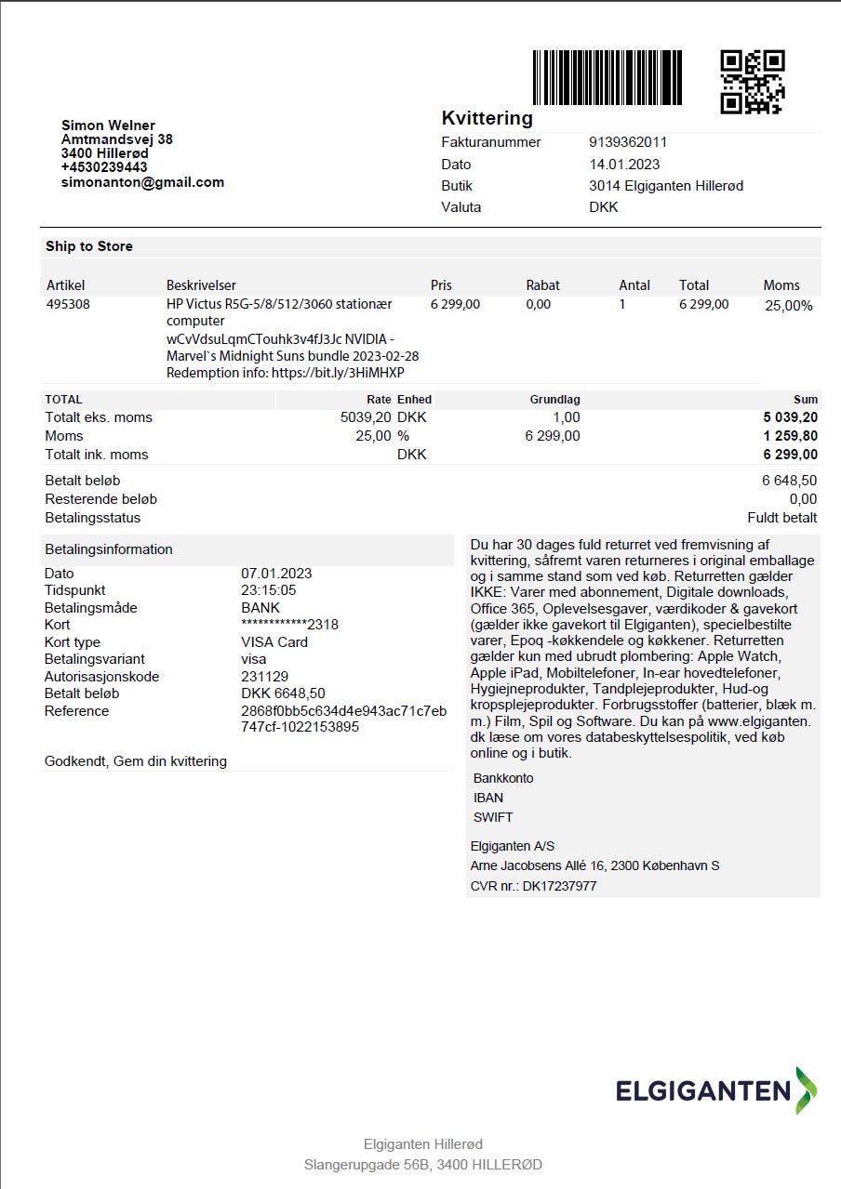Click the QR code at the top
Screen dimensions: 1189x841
pos(753,82)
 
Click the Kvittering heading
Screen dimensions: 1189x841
pos(487,118)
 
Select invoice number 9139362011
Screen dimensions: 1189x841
pos(628,142)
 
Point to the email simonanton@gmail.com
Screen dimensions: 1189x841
pos(142,182)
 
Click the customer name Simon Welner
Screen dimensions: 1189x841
pos(108,126)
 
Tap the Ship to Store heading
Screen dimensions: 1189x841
pos(89,246)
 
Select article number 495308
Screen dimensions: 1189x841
pos(68,304)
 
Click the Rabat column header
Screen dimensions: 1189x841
pos(542,285)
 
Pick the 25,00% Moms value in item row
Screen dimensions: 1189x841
pos(788,305)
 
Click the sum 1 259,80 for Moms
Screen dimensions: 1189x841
pos(790,436)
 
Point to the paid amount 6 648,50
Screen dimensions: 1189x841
pos(789,481)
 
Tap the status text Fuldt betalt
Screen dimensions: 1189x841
pos(781,518)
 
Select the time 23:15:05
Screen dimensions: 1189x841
pos(269,590)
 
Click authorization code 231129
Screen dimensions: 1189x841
pos(264,677)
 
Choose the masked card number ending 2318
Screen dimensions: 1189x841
pos(289,625)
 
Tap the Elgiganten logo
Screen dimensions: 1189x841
pos(715,1090)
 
